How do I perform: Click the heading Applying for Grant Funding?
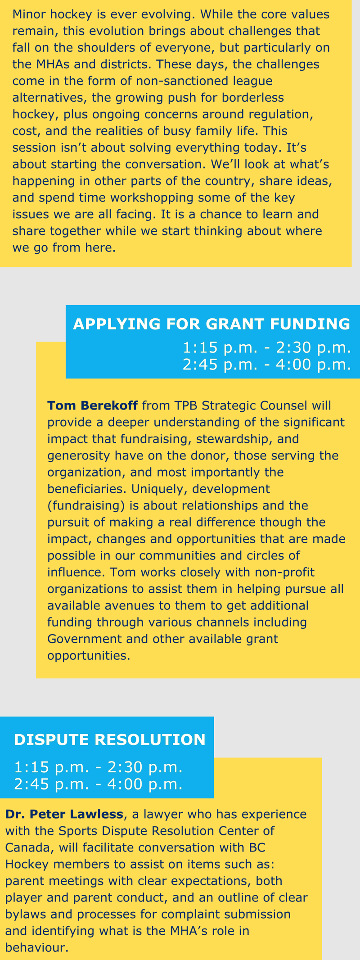tap(211, 324)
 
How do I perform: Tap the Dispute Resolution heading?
tap(110, 739)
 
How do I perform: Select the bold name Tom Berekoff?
tap(92, 406)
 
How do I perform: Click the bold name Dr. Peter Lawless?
tap(64, 814)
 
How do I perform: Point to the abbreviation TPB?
tap(186, 406)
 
